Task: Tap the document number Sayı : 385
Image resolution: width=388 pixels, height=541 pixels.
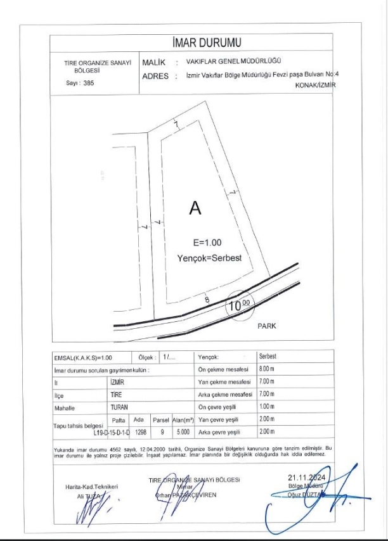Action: point(80,83)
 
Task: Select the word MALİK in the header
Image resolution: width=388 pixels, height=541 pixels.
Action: point(154,63)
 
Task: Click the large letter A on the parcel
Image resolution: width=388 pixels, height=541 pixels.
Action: point(195,208)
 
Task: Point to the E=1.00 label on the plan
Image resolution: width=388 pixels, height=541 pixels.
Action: point(207,242)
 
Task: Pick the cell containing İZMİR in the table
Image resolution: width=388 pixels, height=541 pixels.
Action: point(117,383)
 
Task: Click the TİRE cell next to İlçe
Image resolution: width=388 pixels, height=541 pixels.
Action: point(115,395)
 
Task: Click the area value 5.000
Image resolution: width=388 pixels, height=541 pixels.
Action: point(184,431)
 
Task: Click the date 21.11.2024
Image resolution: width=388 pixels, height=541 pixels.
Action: point(307,478)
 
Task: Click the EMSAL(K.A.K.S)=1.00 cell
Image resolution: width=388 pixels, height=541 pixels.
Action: point(78,358)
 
